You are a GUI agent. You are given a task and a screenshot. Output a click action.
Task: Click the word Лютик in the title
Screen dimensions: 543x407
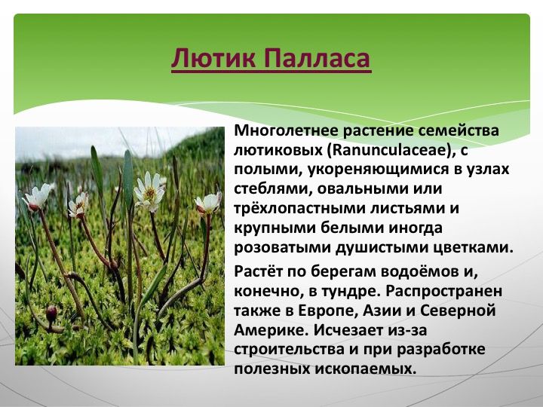[213, 57]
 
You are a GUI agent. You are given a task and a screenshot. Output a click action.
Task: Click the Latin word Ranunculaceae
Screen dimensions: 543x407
[391, 150]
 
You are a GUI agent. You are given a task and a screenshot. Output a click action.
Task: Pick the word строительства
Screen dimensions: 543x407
[289, 349]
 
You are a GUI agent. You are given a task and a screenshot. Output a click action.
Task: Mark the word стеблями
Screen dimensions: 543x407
[271, 189]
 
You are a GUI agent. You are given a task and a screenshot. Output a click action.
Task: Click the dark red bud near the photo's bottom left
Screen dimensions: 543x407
[51, 314]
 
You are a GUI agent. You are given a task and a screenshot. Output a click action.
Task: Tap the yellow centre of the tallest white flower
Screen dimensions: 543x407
[150, 193]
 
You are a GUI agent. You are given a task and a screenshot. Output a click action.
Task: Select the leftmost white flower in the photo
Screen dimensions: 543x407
[38, 197]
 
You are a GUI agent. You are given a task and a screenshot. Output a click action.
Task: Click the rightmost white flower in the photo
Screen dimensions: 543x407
[208, 203]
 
